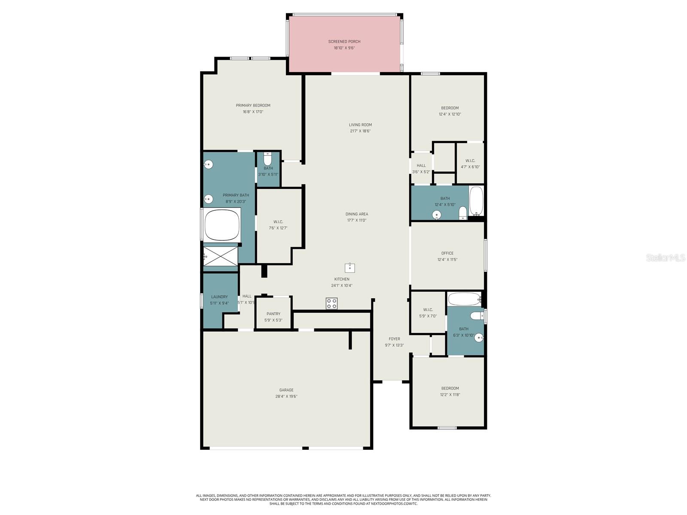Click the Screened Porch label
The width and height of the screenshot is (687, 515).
(344, 42)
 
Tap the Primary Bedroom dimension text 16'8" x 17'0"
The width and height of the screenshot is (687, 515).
(253, 112)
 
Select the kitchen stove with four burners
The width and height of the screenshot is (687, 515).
(331, 303)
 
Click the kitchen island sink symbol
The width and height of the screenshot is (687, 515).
(350, 268)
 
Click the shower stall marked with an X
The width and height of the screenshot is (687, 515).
(221, 256)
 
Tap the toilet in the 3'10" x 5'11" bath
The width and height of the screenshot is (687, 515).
(268, 160)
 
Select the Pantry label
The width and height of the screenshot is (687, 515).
(274, 314)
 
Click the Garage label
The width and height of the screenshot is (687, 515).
(286, 390)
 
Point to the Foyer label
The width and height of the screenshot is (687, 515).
(394, 339)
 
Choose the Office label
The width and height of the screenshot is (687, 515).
(447, 253)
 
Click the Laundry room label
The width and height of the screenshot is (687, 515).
(219, 297)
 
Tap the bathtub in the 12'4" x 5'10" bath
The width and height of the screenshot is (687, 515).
(476, 201)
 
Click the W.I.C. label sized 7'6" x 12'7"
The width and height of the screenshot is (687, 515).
(278, 222)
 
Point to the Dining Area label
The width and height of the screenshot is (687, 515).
(357, 214)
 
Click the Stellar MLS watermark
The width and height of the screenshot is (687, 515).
(665, 257)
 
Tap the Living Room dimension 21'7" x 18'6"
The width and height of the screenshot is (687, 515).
(360, 131)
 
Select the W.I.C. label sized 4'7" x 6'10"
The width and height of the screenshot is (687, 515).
(470, 161)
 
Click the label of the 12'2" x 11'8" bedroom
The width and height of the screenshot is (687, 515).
(450, 388)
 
